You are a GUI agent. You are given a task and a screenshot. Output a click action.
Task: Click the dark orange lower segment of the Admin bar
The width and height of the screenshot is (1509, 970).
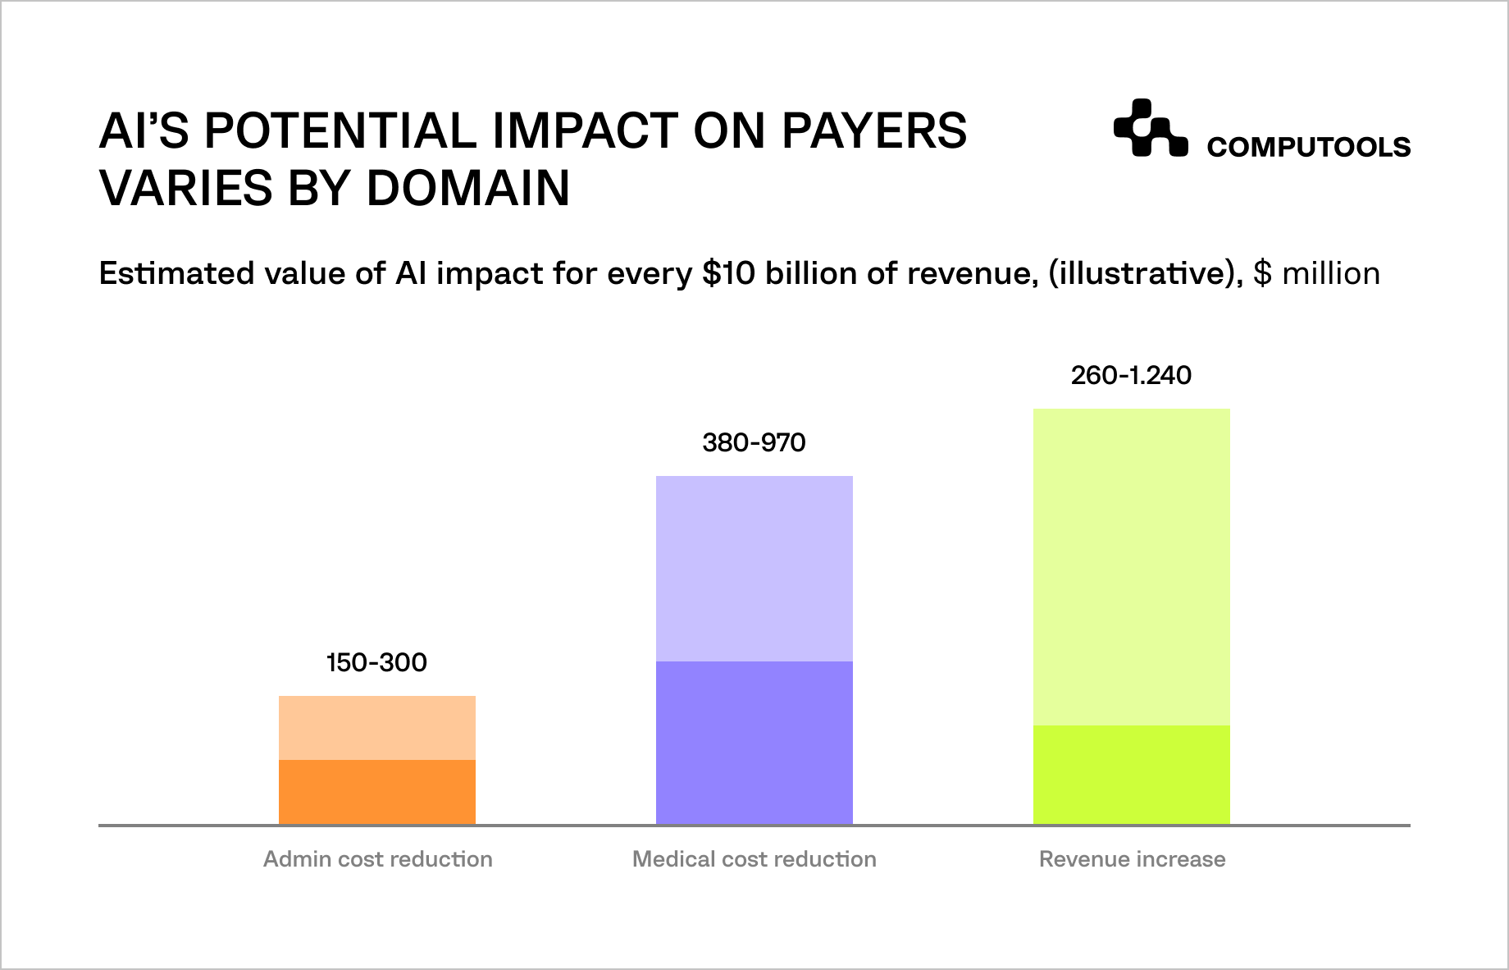pos(377,791)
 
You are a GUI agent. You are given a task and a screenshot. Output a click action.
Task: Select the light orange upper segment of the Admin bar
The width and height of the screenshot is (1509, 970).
pos(377,728)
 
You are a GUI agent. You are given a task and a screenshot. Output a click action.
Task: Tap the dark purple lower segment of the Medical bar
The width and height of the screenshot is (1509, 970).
pos(754,742)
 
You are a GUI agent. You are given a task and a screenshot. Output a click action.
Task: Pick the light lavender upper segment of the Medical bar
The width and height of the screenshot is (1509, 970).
pos(754,568)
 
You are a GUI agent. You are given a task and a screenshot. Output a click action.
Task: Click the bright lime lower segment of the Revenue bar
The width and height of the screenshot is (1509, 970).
pos(1132,774)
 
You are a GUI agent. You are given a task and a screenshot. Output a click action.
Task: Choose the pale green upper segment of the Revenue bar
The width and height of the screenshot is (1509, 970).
pos(1132,566)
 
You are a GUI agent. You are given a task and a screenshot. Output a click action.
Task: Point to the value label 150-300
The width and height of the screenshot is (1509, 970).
pos(377,662)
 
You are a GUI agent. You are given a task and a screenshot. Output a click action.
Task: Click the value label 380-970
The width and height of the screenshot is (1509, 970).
pos(754,443)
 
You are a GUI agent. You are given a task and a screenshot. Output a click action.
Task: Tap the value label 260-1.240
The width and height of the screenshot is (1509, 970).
pos(1131,376)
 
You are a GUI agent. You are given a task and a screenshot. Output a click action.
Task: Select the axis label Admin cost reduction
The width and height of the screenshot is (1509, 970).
pos(378,859)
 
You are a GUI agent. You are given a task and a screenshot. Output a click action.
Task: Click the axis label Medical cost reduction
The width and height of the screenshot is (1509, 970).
pos(754,859)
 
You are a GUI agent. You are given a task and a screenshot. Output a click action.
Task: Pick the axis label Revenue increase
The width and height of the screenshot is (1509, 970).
pos(1132,859)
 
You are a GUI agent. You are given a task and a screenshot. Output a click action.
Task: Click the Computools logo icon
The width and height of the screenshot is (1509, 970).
pos(1150,128)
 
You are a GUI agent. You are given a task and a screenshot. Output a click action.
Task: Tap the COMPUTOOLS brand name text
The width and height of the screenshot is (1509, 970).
pos(1309,148)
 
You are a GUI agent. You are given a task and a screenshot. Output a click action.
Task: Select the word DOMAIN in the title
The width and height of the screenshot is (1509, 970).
pos(467,188)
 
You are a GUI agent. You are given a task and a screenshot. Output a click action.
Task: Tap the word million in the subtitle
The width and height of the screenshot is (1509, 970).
pos(1330,273)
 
